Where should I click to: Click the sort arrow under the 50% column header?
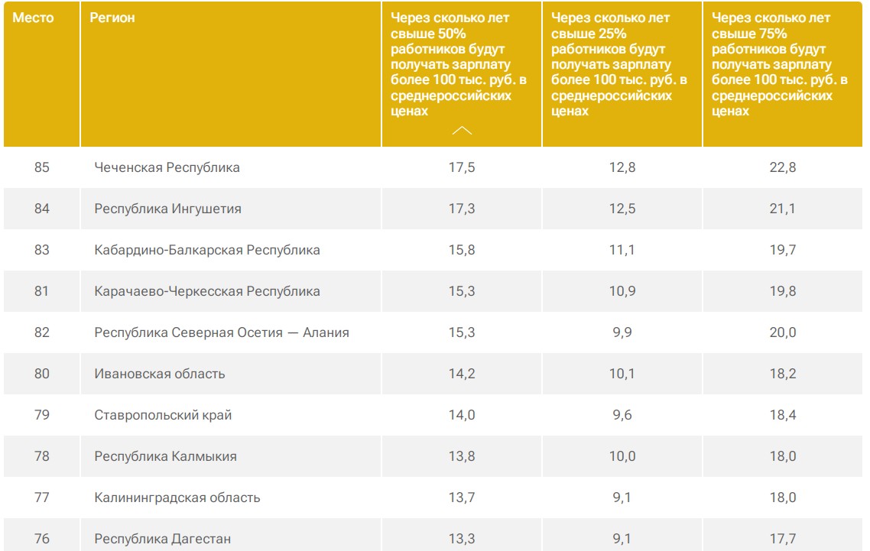click(x=462, y=131)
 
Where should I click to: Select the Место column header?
click(x=34, y=18)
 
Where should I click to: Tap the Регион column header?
click(x=112, y=18)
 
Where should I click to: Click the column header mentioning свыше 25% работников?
click(x=618, y=64)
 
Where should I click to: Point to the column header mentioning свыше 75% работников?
click(x=779, y=64)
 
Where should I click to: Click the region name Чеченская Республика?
click(x=167, y=167)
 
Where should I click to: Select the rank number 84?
click(x=42, y=209)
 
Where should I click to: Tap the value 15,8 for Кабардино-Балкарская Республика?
click(x=462, y=250)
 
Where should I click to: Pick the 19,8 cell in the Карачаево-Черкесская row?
click(x=782, y=291)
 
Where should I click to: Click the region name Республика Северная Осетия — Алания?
click(x=222, y=332)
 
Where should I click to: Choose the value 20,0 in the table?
click(x=782, y=332)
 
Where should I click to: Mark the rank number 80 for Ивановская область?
click(x=42, y=374)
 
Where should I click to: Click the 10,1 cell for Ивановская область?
click(x=622, y=374)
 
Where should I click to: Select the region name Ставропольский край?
click(x=163, y=415)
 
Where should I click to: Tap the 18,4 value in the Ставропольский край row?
click(x=782, y=415)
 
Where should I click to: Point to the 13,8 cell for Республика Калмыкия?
click(x=462, y=456)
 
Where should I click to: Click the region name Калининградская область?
click(x=177, y=498)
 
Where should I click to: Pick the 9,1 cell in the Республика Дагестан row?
click(x=622, y=539)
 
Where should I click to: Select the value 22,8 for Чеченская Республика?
click(x=782, y=167)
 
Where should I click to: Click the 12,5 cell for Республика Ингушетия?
click(x=622, y=209)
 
